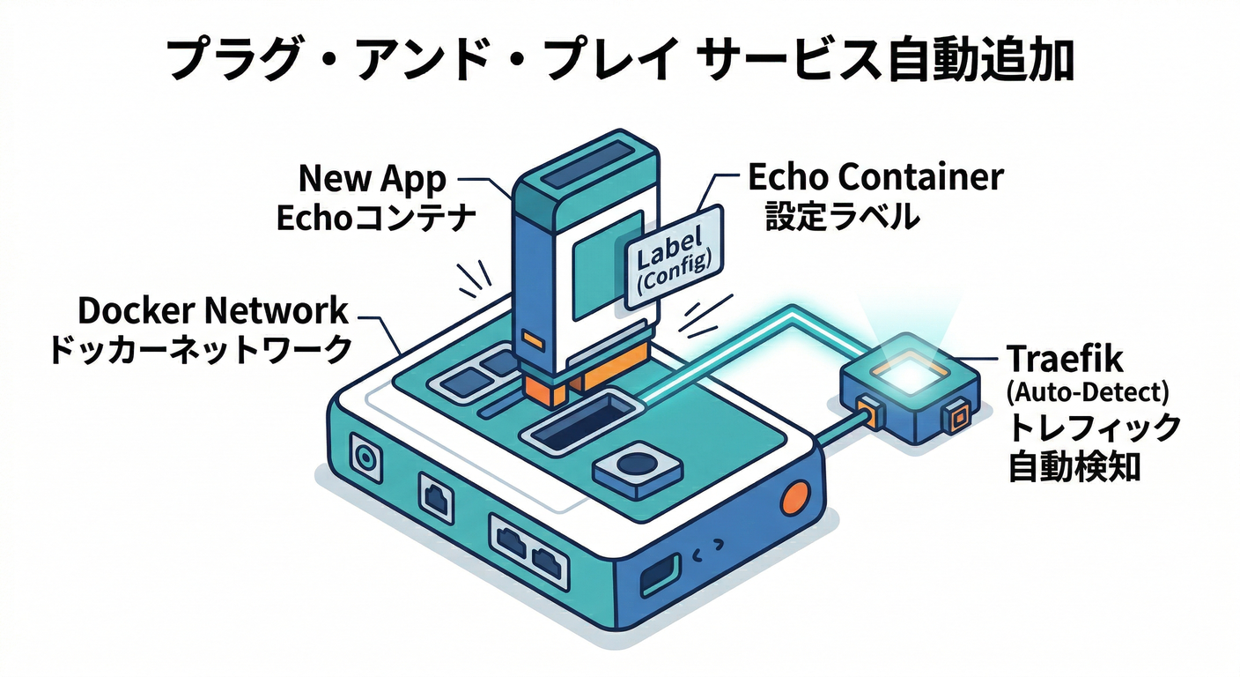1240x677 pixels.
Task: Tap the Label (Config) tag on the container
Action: tap(674, 257)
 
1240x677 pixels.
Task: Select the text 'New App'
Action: tap(373, 178)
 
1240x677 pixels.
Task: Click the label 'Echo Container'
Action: tap(875, 177)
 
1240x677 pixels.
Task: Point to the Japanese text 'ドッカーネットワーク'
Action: tap(199, 350)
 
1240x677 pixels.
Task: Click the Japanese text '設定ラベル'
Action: tap(842, 216)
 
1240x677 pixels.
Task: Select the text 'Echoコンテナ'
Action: tap(377, 217)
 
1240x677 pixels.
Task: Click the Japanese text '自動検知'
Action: tap(1074, 465)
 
